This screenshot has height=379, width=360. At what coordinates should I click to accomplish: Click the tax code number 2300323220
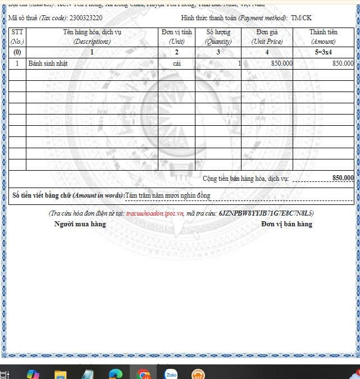(x=86, y=18)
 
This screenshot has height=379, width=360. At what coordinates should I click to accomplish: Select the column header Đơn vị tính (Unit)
(x=176, y=37)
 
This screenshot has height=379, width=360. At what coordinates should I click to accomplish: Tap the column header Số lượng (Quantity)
(x=218, y=37)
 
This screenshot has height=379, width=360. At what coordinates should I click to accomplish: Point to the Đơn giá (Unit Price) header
(x=267, y=37)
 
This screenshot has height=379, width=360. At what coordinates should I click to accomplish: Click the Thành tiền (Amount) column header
(x=323, y=37)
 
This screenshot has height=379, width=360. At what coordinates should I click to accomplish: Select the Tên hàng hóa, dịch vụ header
(x=92, y=37)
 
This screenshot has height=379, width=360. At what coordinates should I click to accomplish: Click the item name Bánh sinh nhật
(x=48, y=64)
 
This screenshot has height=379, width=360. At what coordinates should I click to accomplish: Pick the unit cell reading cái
(x=176, y=64)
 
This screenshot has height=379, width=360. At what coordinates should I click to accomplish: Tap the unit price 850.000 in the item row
(x=281, y=64)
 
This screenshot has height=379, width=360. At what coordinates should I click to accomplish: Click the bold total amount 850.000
(x=343, y=178)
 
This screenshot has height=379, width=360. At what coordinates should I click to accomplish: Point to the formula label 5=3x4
(x=323, y=52)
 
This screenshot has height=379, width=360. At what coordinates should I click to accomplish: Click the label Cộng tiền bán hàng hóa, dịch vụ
(x=245, y=179)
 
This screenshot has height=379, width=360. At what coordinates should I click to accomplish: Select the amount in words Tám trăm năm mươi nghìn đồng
(x=167, y=195)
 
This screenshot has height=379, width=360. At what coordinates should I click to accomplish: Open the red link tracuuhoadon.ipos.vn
(x=155, y=213)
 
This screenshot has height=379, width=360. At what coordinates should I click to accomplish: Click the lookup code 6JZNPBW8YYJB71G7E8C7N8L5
(x=266, y=213)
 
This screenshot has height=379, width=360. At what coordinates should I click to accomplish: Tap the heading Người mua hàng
(x=80, y=224)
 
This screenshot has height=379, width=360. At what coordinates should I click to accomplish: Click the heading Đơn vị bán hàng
(x=286, y=224)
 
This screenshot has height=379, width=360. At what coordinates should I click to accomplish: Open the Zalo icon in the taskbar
(x=171, y=373)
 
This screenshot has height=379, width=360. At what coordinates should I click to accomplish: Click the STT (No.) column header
(x=17, y=37)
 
